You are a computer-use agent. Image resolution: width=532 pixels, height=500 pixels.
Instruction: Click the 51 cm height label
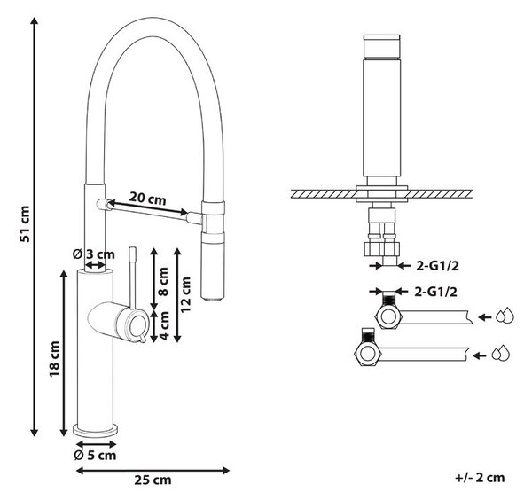25,223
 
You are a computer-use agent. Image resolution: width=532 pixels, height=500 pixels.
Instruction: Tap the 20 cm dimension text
147,198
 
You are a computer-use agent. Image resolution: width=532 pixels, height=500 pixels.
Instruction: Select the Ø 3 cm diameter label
94,254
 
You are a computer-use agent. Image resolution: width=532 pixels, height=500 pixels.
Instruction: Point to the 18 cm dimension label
54,359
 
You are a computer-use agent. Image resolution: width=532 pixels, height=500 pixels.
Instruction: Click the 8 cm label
163,282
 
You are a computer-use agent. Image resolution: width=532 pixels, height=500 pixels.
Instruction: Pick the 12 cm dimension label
185,294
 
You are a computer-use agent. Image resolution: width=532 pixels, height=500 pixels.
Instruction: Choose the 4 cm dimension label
164,325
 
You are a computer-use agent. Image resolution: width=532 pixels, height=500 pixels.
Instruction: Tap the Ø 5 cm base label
95,455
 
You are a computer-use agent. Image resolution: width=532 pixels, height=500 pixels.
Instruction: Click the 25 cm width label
153,480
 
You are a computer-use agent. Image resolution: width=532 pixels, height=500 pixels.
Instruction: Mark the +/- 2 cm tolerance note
480,478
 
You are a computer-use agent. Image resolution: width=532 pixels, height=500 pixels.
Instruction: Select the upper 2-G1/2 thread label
438,266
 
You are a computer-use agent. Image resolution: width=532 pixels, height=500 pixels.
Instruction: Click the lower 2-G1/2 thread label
435,292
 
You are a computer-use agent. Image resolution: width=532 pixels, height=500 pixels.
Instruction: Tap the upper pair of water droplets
505,316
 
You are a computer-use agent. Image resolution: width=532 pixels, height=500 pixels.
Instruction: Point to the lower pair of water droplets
501,353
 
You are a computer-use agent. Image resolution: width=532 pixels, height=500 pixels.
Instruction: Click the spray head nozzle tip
212,298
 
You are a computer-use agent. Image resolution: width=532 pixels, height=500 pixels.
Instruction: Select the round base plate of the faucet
96,429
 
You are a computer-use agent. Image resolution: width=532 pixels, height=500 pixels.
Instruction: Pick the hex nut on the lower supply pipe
368,354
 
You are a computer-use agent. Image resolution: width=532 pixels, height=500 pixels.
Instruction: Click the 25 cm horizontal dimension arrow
153,471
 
